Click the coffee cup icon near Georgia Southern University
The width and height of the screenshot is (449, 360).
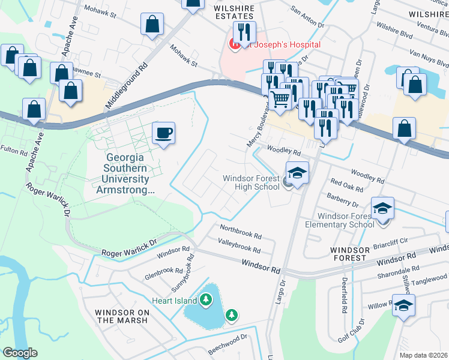[163, 133]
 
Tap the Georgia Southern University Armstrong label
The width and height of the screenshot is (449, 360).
[127, 173]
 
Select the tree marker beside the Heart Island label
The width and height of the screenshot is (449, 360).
[206, 299]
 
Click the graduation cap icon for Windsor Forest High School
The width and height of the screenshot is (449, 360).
[297, 173]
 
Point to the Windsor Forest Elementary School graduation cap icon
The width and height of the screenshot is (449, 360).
[382, 208]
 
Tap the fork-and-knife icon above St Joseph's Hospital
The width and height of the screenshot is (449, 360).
[244, 32]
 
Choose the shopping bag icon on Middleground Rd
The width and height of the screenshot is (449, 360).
[152, 25]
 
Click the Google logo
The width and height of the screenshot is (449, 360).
[20, 353]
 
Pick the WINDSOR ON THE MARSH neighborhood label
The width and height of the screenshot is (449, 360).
[122, 316]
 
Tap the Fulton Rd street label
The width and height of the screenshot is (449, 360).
[14, 149]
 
